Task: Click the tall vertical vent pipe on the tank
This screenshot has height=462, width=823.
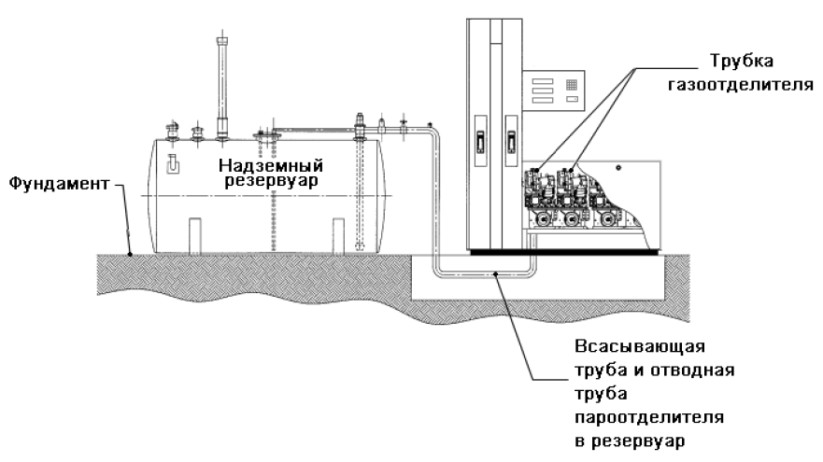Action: point(222,85)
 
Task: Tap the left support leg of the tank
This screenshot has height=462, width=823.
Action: point(193,234)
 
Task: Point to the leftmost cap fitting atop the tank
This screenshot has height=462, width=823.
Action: point(172,131)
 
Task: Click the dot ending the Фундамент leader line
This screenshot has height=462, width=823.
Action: point(132,251)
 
